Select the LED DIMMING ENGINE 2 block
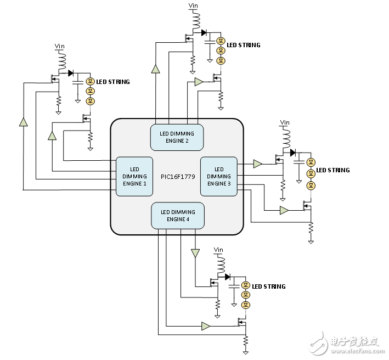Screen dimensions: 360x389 coord(177,137)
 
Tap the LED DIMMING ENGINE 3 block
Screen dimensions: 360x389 coord(219,176)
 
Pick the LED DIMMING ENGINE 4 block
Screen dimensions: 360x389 coord(178,216)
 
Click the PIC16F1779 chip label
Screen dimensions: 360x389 coord(178,177)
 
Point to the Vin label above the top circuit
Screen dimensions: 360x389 coord(193,6)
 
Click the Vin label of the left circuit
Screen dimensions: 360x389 coord(59,46)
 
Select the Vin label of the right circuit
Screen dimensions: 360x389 coord(284,122)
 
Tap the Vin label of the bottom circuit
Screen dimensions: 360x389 coord(218,250)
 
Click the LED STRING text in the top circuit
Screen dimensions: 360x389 coord(244,45)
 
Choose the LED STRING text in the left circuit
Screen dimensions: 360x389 coord(113,82)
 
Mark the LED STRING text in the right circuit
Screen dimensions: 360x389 coord(333,170)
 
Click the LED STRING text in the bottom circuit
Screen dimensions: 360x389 coord(269,286)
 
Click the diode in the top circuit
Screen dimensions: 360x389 coord(204,32)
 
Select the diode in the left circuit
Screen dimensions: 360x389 coord(70,72)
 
